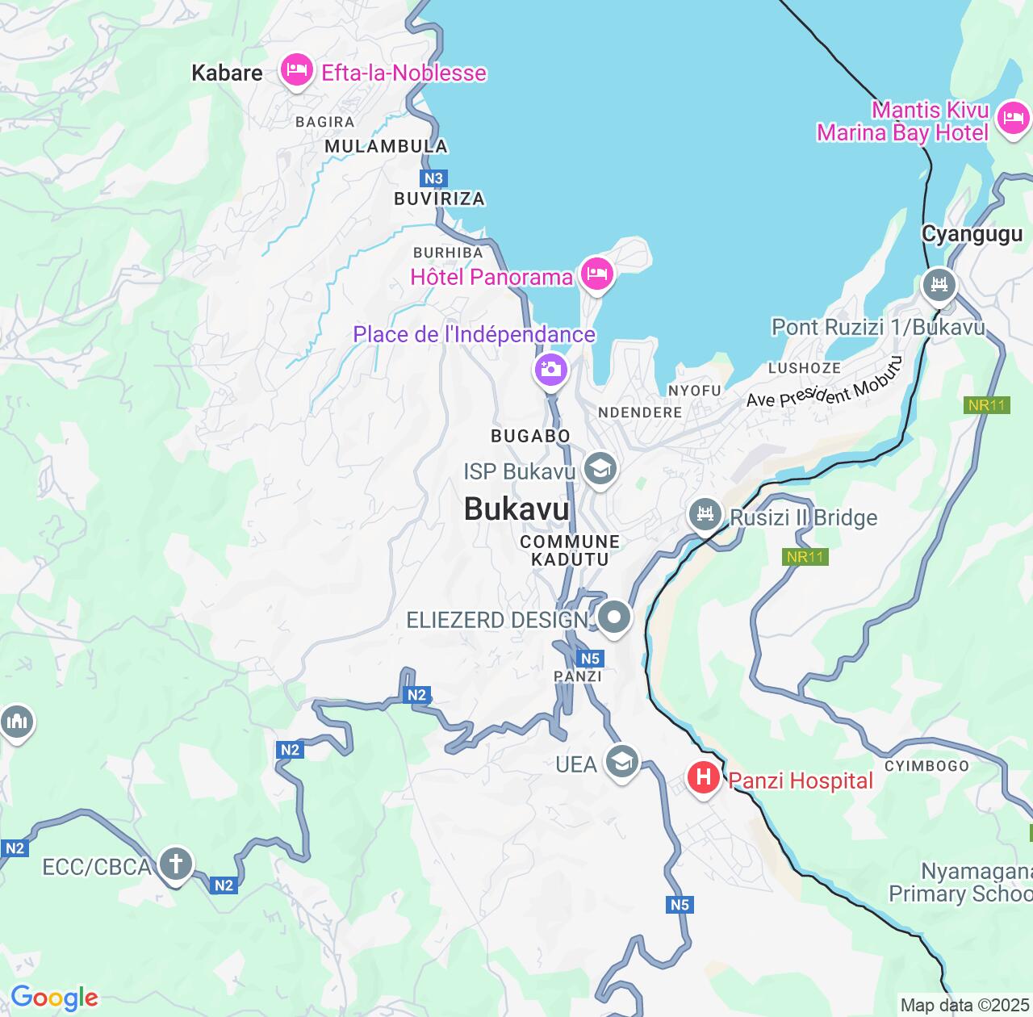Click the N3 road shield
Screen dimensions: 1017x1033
coord(433,178)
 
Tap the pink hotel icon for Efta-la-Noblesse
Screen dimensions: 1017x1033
coord(296,71)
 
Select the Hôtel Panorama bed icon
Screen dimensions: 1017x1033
coord(596,274)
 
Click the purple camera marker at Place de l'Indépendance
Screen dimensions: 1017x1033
coord(551,370)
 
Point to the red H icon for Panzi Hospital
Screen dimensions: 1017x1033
coord(703,778)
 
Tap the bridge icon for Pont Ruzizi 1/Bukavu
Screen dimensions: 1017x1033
coord(939,285)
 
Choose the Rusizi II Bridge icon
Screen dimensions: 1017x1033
coord(705,514)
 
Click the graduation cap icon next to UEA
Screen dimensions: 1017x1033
coord(621,761)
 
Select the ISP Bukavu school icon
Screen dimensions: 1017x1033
coord(600,469)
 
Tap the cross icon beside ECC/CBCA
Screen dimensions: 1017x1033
coord(175,864)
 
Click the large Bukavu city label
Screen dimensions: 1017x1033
coord(516,509)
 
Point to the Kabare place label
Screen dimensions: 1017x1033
coord(227,73)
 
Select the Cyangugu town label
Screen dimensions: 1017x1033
coord(972,234)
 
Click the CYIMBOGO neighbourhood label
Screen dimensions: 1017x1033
coord(926,766)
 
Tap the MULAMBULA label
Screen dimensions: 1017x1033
coord(386,146)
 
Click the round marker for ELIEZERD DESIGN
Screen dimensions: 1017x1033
coord(614,617)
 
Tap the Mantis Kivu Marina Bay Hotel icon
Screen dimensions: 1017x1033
coord(1012,119)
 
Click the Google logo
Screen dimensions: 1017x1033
coord(54,998)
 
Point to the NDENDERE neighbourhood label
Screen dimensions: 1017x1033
coord(640,412)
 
